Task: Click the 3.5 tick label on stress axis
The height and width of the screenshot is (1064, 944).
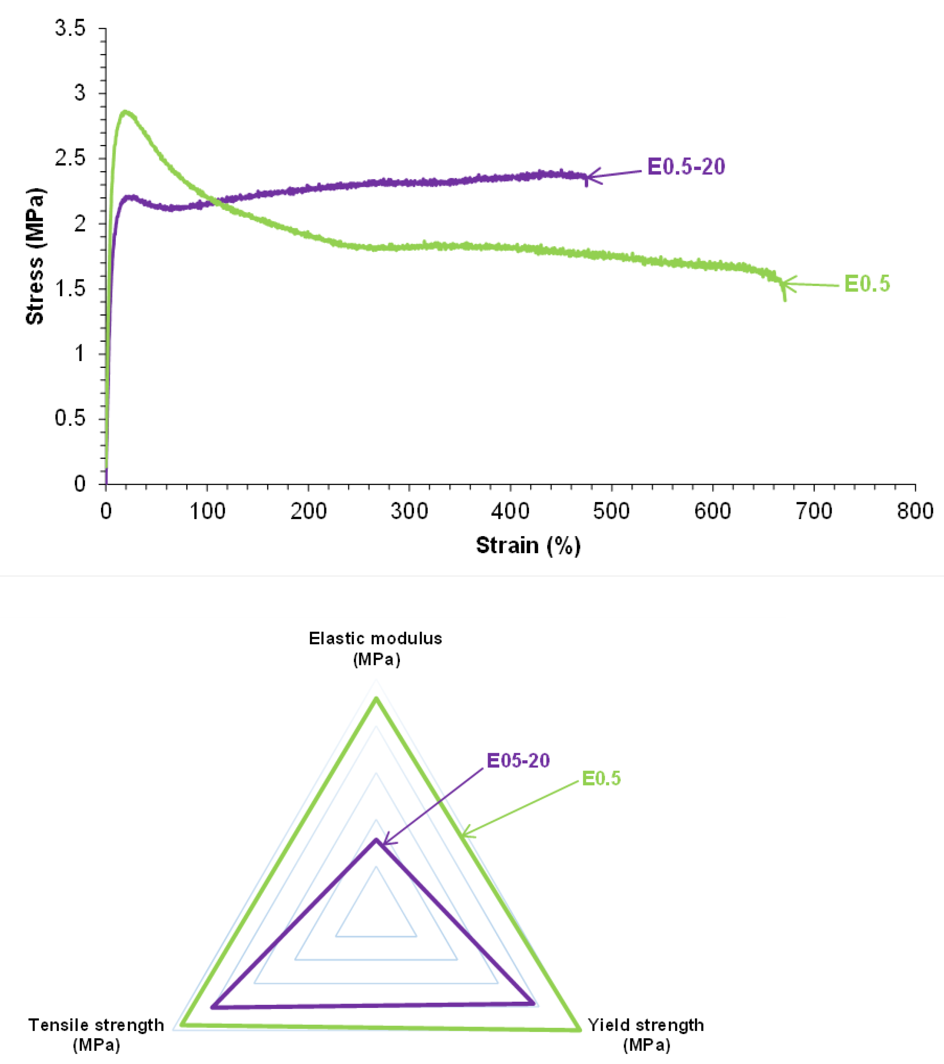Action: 70,28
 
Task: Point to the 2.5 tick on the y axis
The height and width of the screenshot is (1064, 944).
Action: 70,158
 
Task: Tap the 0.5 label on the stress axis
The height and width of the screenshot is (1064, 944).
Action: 70,418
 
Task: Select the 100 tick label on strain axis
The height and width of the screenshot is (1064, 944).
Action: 207,511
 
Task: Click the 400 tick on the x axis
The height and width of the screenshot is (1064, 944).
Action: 510,511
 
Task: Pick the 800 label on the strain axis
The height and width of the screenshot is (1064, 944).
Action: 914,511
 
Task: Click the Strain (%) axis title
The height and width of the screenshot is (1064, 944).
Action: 528,545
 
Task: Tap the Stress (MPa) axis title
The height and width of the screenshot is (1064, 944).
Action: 35,256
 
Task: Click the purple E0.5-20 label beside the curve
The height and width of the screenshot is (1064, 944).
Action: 686,167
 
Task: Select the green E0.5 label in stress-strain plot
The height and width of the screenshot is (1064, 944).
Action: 867,284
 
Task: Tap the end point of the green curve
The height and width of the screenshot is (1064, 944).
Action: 784,299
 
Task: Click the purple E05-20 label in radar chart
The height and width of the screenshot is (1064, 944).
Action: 518,761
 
